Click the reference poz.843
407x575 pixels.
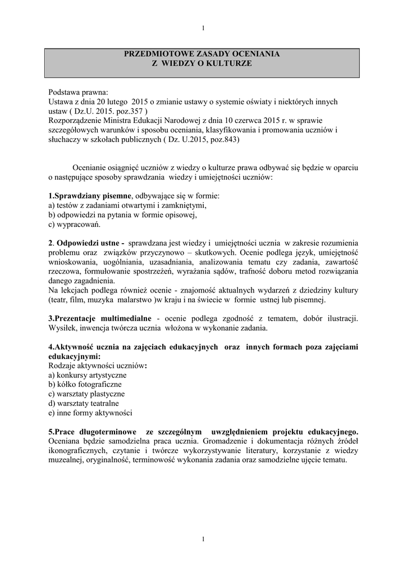click(x=221, y=140)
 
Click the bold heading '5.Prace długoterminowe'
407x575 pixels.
click(x=93, y=432)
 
